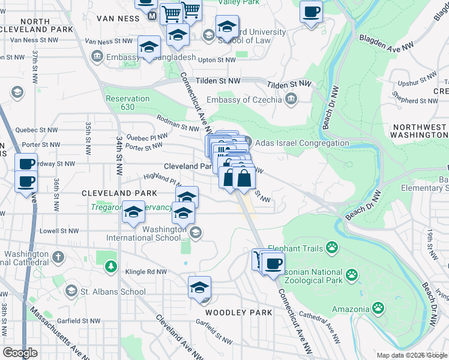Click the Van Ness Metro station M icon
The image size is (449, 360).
tap(152, 16)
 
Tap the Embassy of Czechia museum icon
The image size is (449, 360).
tap(291, 100)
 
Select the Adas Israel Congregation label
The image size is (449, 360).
tap(302, 143)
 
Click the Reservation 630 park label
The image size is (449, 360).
tap(127, 103)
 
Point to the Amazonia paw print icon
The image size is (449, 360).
tap(378, 308)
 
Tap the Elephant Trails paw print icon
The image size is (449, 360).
tap(332, 247)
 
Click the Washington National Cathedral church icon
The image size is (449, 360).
tap(58, 257)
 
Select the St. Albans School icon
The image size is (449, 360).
tap(71, 292)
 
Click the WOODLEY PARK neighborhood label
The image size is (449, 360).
tap(239, 313)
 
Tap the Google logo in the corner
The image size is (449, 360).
tap(20, 353)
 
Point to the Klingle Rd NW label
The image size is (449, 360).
tap(145, 272)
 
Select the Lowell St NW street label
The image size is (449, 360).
tap(59, 230)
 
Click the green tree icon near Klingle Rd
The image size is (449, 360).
tap(110, 266)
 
